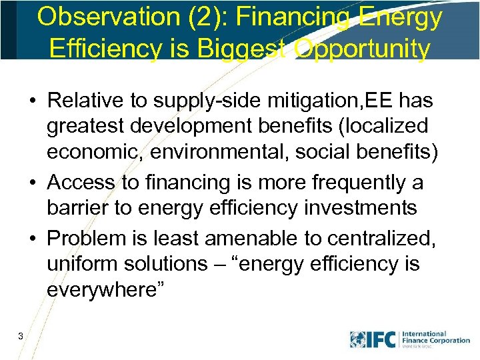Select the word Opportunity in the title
click(x=361, y=48)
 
